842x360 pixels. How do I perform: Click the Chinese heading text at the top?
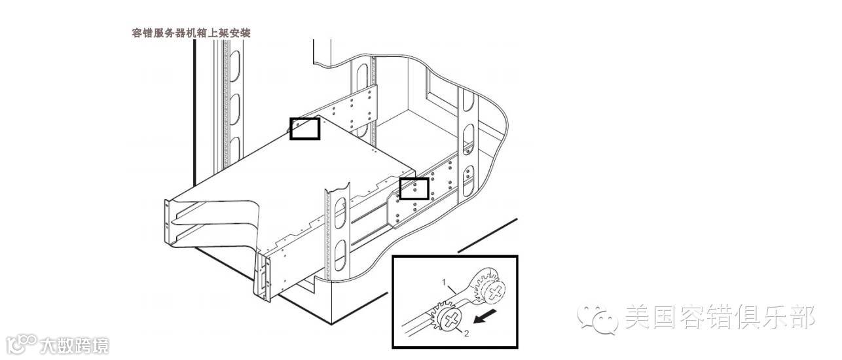pos(191,33)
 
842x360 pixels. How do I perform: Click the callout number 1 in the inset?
pos(444,283)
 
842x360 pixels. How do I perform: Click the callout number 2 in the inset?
pos(466,333)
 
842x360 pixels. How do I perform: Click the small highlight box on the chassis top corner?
pos(304,128)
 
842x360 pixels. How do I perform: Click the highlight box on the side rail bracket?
pos(414,189)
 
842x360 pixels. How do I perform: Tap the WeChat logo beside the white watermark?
pos(597,319)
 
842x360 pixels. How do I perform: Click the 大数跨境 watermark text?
pos(74,345)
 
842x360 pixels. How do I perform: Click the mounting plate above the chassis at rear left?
pos(354,107)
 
